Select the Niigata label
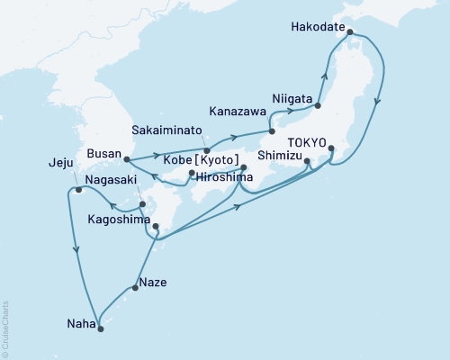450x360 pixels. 292,98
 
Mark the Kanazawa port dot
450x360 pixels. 272,131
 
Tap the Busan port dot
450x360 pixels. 125,160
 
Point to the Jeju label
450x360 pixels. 60,164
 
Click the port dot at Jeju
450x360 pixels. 79,190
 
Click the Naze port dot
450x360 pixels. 135,288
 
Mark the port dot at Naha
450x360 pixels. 100,328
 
